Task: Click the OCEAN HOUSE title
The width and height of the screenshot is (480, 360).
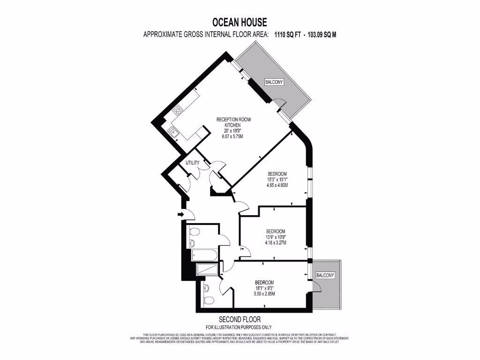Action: [x=240, y=22]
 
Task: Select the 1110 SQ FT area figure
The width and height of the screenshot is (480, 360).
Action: [x=287, y=34]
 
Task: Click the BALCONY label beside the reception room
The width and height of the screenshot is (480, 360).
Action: [x=274, y=82]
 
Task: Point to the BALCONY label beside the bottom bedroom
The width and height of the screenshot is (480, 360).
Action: [x=325, y=275]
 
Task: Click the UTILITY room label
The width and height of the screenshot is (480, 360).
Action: [x=193, y=163]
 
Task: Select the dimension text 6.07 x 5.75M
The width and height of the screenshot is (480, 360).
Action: [x=232, y=136]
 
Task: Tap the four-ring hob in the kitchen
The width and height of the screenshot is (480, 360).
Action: [x=178, y=111]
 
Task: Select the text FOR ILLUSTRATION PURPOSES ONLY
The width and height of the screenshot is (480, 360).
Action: [x=239, y=327]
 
